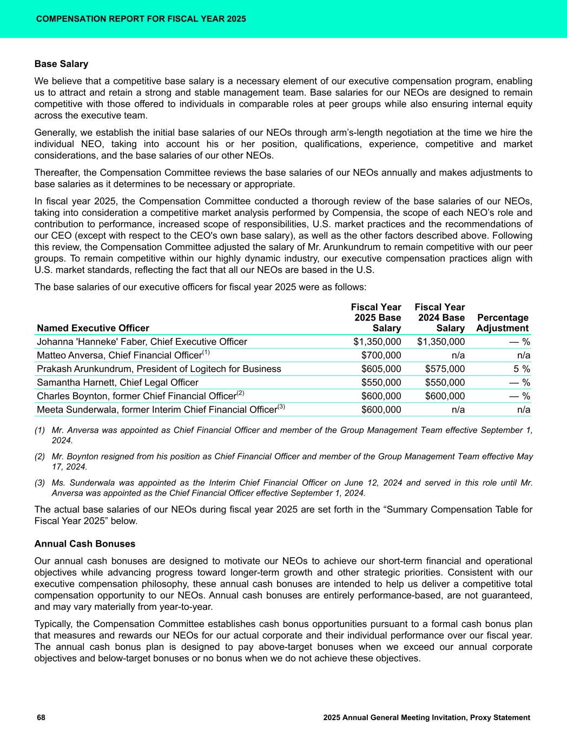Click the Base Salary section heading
click(x=61, y=64)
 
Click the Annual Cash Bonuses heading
click(x=85, y=543)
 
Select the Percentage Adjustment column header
click(x=502, y=323)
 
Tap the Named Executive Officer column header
click(x=93, y=328)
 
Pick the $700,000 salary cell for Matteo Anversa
click(x=381, y=355)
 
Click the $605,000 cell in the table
click(x=381, y=369)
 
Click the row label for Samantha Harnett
click(x=117, y=382)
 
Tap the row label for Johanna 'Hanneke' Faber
click(x=142, y=342)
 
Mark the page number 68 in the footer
click(x=41, y=717)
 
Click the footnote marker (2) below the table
click(x=40, y=457)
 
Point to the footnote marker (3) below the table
click(x=40, y=483)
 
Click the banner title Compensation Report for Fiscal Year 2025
click(x=141, y=19)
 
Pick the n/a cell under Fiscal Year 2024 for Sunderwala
click(x=458, y=409)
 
